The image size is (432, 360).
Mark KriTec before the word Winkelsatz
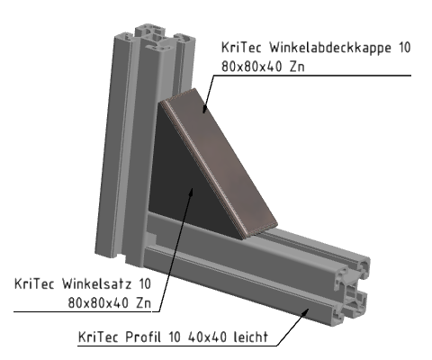click(x=36, y=283)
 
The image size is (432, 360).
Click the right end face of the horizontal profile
click(x=353, y=288)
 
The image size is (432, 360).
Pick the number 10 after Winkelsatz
click(x=145, y=283)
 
